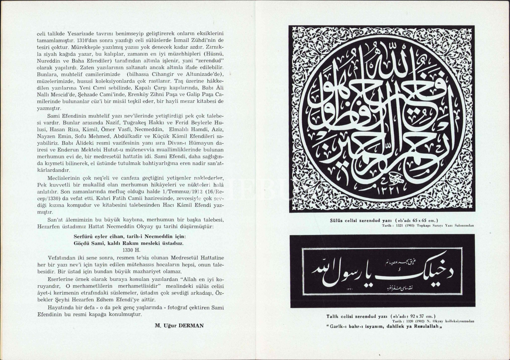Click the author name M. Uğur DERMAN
(179, 325)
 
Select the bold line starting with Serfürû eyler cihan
(130, 236)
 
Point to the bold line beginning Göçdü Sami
(129, 243)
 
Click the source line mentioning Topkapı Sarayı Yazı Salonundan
(428, 225)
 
